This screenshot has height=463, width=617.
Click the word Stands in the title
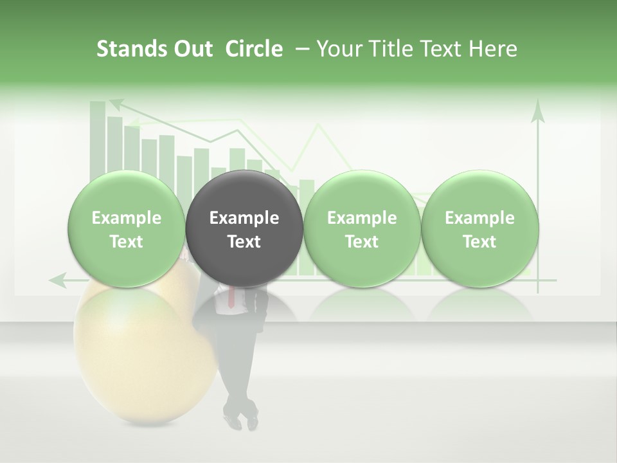132,49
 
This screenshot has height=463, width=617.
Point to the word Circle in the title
254,49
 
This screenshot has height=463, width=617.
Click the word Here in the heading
493,49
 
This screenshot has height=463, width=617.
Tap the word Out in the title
193,49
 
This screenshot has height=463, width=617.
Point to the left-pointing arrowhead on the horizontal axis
58,280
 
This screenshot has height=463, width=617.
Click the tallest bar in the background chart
98,138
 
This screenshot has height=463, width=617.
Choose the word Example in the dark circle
244,218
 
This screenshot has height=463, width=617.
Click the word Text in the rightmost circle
479,242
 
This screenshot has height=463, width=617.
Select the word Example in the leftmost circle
127,218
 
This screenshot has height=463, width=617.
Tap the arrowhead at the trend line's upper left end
116,103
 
